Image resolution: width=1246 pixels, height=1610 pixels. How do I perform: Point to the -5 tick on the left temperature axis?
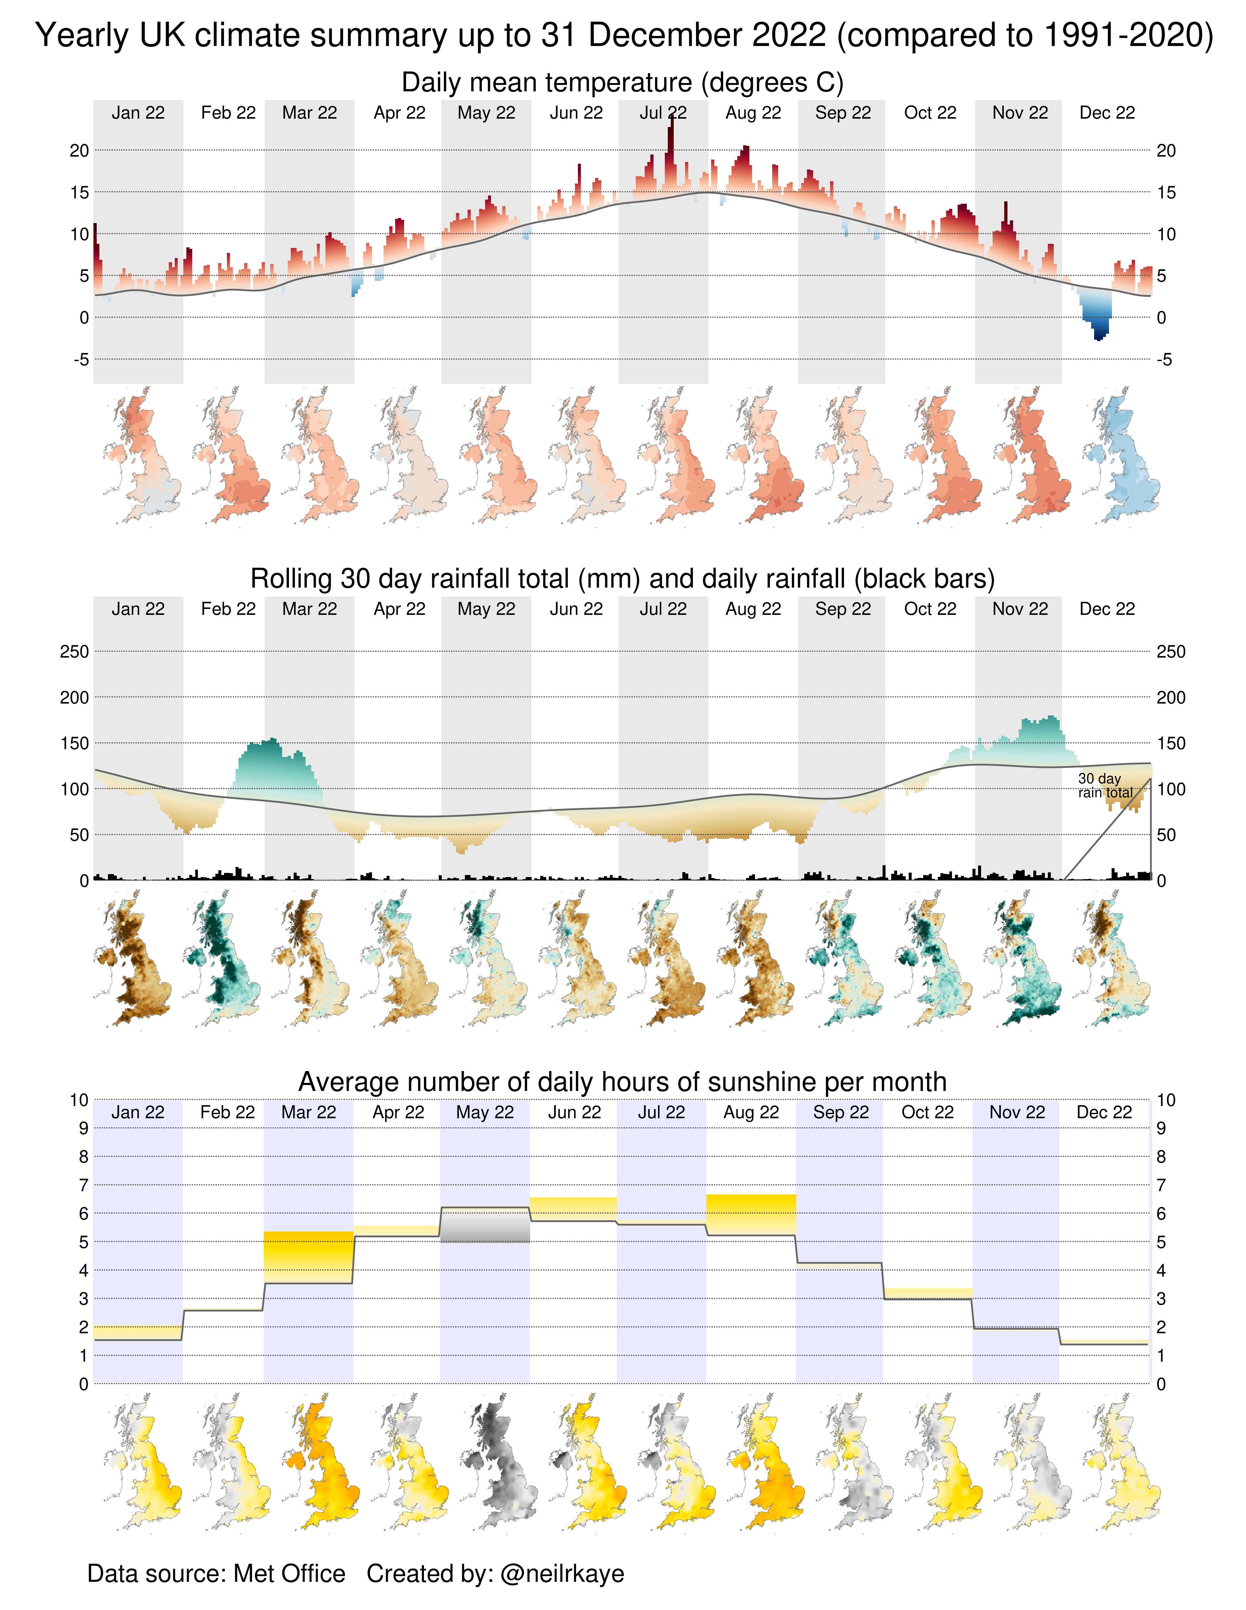point(81,360)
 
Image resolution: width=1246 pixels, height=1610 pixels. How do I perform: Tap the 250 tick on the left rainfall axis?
point(74,652)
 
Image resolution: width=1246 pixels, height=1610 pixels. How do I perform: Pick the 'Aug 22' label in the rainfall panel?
point(753,609)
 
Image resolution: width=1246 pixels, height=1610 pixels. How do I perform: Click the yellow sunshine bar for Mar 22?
point(308,1257)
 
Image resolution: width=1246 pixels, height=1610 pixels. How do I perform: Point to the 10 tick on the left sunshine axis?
point(79,1100)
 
